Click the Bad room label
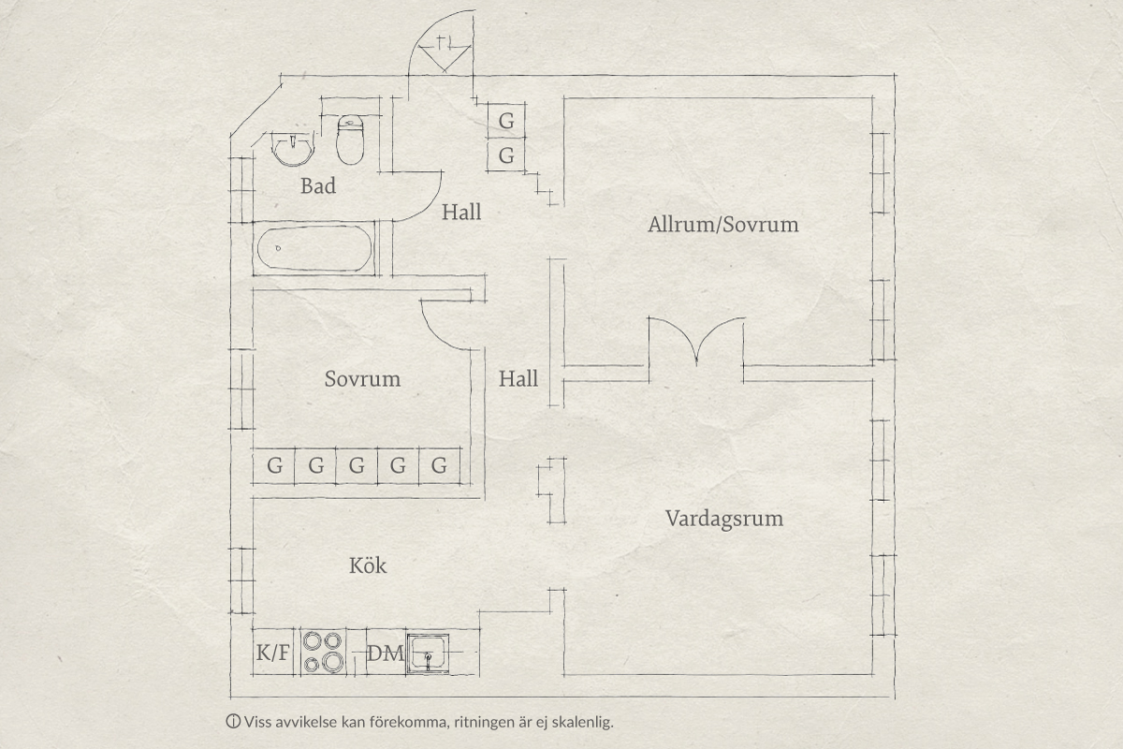[318, 186]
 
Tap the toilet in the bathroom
[350, 140]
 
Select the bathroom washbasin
[292, 149]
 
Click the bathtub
[314, 248]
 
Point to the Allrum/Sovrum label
[722, 225]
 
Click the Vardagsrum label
[724, 519]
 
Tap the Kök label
[368, 565]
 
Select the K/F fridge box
[273, 653]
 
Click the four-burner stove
[324, 652]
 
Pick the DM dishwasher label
[386, 654]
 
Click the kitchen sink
[428, 654]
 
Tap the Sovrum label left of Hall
[362, 379]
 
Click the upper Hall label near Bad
[461, 213]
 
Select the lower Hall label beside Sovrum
[518, 379]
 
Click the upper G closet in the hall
[506, 121]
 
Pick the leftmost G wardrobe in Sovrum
[274, 465]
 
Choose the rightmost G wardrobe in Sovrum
[439, 465]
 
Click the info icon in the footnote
[233, 722]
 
